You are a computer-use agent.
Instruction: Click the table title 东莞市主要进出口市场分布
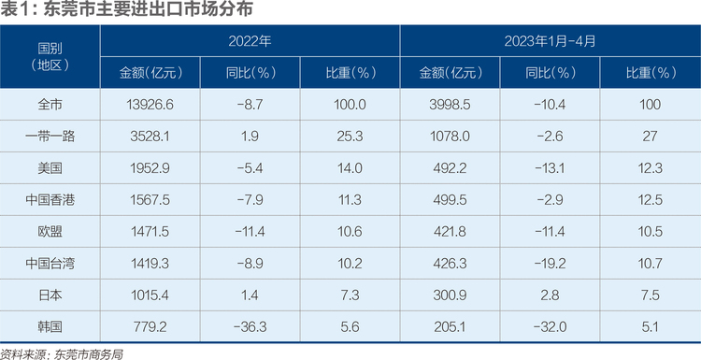click(148, 9)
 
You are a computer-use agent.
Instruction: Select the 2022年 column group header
click(250, 41)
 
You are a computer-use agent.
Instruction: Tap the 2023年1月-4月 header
click(550, 41)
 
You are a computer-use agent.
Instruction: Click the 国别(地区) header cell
click(50, 56)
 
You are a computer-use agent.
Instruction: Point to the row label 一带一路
click(50, 136)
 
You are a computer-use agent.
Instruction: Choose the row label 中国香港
click(50, 199)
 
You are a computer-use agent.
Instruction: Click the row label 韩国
click(50, 327)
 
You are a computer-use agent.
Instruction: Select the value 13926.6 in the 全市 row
click(150, 105)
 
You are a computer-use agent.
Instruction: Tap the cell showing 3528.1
click(150, 136)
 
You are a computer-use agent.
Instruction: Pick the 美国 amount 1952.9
click(150, 168)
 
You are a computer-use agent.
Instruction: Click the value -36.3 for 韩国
click(250, 327)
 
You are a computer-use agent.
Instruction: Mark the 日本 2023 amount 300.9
click(450, 295)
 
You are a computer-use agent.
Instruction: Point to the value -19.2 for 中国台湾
click(550, 264)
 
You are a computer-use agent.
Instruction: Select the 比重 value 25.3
click(350, 136)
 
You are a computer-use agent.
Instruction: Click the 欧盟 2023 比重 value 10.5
click(650, 232)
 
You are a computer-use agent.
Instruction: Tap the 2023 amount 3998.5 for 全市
click(450, 105)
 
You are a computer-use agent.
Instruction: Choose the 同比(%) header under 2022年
click(250, 73)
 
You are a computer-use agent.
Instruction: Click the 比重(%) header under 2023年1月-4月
click(650, 73)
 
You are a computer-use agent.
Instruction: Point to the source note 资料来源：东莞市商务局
click(62, 354)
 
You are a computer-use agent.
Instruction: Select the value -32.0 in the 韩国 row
click(550, 327)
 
